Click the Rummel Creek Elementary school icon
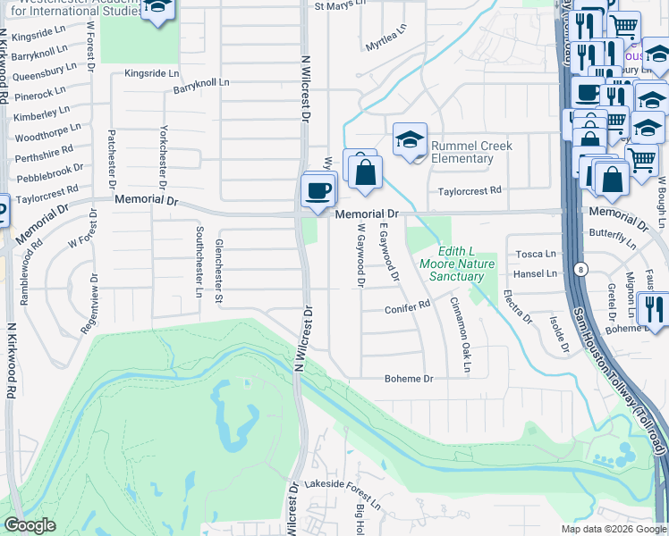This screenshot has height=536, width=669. (410, 140)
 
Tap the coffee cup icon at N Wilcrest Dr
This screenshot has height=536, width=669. (318, 190)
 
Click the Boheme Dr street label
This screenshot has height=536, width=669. (409, 379)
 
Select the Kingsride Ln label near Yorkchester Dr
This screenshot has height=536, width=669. (152, 73)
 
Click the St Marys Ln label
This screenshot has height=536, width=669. (340, 6)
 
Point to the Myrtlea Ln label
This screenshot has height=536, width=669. (385, 45)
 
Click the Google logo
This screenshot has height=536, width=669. (30, 525)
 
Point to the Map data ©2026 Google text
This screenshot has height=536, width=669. (613, 529)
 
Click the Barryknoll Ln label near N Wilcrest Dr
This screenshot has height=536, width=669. (201, 82)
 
